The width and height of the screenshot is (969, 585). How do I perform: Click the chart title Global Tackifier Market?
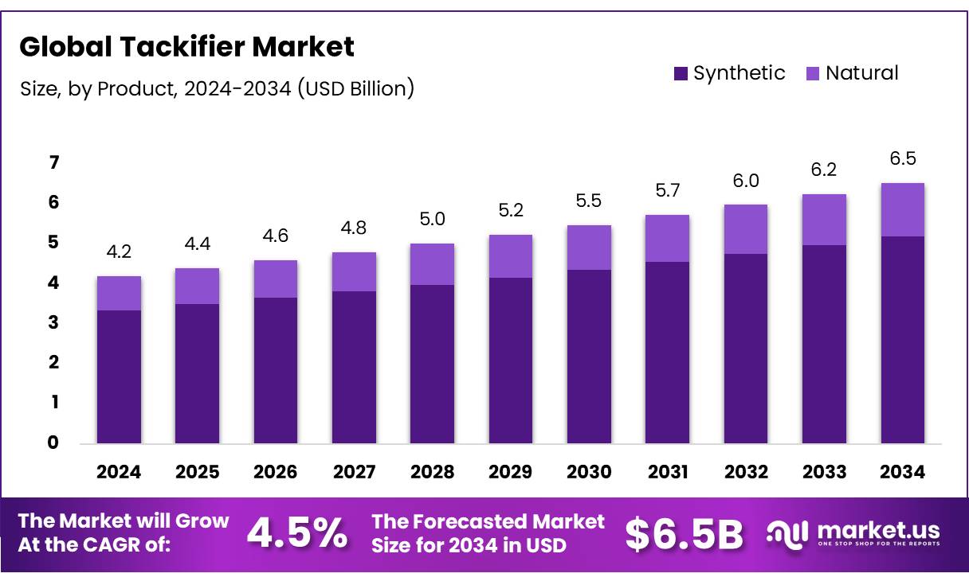click(186, 47)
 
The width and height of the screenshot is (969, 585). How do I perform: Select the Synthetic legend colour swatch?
click(681, 74)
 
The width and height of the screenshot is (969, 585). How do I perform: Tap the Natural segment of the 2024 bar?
click(119, 293)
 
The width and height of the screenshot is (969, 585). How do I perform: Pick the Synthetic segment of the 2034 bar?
click(903, 339)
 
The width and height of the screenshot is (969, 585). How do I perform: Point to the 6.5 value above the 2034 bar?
click(903, 159)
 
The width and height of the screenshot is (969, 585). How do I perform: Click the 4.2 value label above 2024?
click(119, 252)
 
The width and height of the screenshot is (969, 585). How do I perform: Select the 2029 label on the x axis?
click(511, 472)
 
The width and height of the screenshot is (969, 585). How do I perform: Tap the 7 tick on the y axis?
click(53, 163)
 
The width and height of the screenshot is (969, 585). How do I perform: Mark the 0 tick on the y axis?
click(53, 443)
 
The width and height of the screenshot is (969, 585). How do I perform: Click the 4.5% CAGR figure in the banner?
click(296, 533)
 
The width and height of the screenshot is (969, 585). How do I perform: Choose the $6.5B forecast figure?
click(684, 533)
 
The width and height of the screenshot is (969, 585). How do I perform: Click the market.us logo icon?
click(787, 533)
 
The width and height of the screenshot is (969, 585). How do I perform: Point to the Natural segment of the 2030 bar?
click(589, 248)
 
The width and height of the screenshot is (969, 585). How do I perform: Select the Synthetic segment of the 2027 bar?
click(354, 367)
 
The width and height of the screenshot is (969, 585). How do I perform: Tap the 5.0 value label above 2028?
click(433, 219)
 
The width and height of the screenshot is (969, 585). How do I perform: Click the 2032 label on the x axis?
click(746, 472)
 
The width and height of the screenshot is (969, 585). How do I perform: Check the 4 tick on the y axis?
click(53, 283)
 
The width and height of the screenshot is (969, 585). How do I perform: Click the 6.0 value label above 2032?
click(746, 180)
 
